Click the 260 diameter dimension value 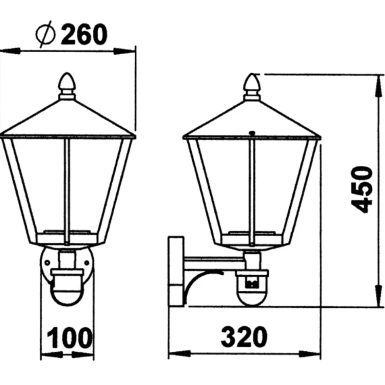84,34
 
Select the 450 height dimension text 363,190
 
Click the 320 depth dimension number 244,337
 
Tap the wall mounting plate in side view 176,271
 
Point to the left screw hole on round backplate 47,262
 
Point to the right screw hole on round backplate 86,262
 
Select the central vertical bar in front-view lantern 67,190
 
